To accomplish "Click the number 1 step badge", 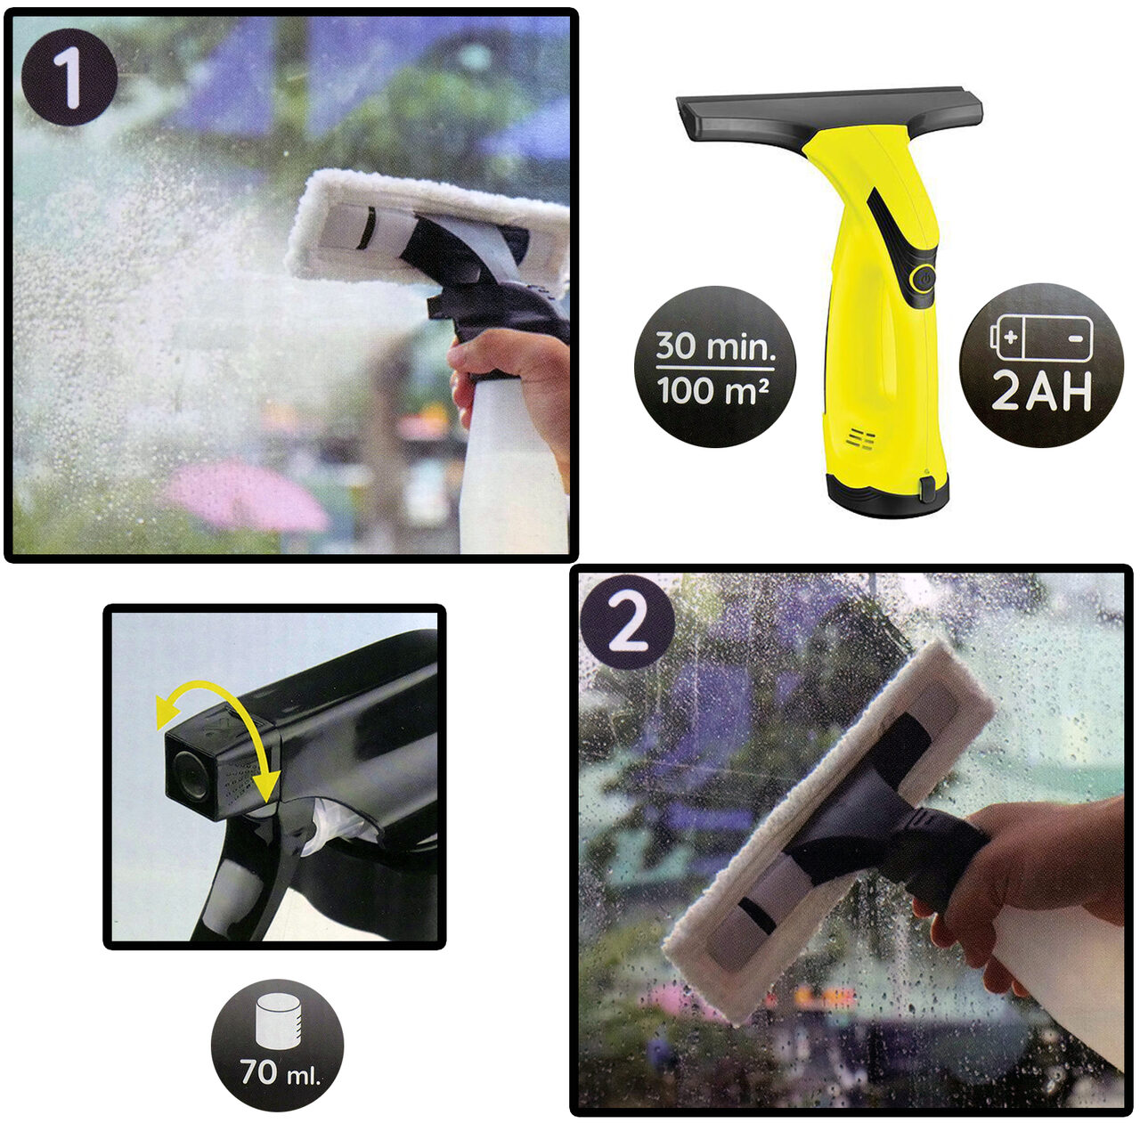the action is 69,77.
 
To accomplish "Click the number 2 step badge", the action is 628,623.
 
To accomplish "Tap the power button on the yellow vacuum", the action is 924,277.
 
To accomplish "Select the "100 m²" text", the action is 713,390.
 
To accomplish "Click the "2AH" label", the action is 1041,391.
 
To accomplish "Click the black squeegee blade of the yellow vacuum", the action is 830,118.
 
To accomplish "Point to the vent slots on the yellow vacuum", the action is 860,439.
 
